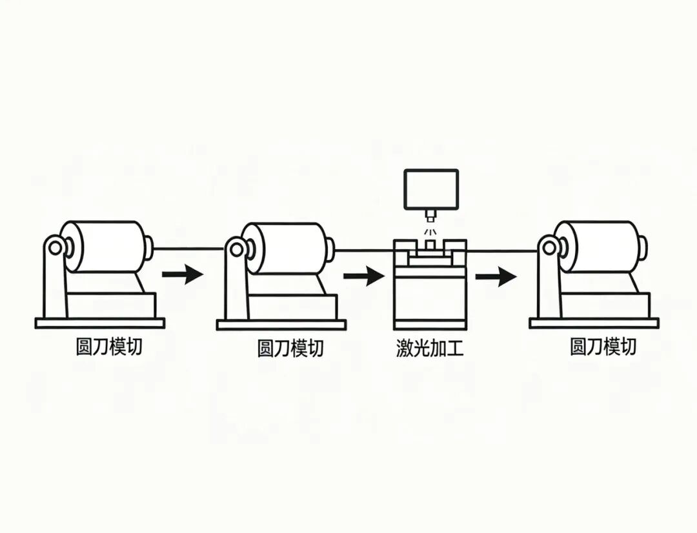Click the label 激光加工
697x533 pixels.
click(430, 348)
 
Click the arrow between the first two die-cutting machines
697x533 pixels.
click(182, 275)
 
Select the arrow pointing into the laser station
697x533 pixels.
click(363, 277)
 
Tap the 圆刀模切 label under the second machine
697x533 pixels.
click(290, 348)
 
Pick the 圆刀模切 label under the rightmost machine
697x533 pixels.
click(603, 347)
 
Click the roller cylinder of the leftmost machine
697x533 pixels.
click(106, 246)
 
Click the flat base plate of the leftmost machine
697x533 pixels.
click(100, 323)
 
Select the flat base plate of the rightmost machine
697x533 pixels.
click(594, 323)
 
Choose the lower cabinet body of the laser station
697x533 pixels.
click(430, 300)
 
